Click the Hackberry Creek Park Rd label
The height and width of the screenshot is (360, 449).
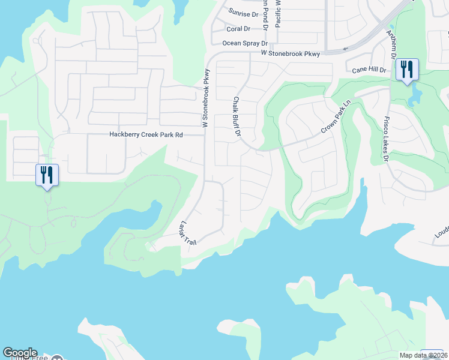145,135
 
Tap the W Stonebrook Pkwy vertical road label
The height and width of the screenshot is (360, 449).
205,100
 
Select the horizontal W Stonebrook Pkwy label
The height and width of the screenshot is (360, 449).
291,53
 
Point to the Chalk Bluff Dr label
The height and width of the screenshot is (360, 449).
237,116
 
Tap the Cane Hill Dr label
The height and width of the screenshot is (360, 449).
369,70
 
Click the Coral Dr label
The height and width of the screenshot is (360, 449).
238,29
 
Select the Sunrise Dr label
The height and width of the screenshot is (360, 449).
243,14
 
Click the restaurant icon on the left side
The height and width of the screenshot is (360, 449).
47,175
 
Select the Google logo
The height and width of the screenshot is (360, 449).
20,353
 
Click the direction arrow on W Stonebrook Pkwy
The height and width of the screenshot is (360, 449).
345,50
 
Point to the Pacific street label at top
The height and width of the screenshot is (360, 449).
278,12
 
